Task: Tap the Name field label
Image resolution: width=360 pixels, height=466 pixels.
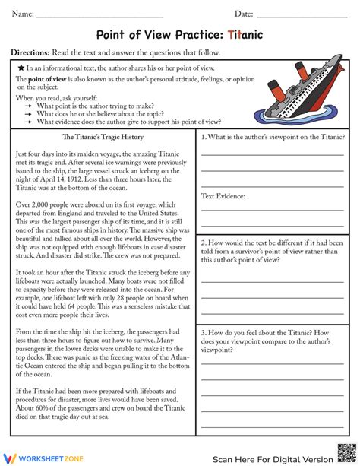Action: coord(23,14)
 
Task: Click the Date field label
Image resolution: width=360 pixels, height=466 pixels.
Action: coord(244,14)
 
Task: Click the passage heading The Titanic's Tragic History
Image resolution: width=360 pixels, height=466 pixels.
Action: coord(102,138)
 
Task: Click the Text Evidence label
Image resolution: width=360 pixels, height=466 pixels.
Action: coord(223,196)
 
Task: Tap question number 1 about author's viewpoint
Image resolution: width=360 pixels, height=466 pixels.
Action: coord(270,138)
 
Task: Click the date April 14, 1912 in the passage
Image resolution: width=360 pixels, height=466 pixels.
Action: coord(92,180)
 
